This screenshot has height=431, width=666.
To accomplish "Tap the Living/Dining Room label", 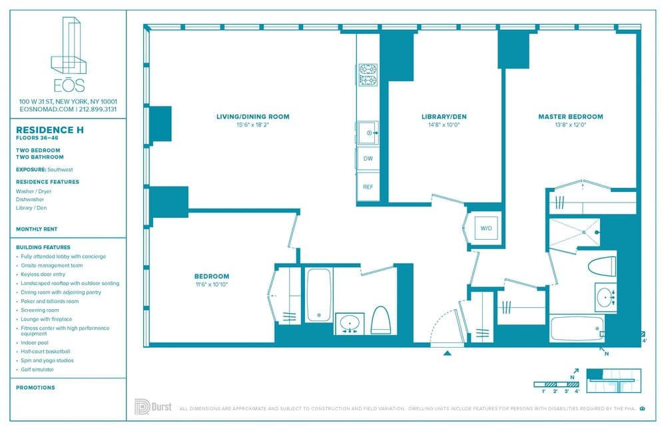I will [252, 117].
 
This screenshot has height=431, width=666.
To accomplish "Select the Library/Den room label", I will [444, 117].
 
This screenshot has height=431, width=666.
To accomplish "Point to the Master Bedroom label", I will [570, 117].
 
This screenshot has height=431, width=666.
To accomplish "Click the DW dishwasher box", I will [368, 159].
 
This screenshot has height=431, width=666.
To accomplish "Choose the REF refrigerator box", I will [368, 187].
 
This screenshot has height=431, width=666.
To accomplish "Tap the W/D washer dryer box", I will [486, 228].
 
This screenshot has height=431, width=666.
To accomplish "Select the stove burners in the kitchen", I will [368, 75].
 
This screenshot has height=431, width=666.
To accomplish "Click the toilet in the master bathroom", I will [602, 265].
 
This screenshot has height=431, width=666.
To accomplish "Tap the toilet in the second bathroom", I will [380, 320].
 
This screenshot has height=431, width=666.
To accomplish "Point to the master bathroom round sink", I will [605, 296].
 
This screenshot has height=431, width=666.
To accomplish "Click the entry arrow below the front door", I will [448, 354].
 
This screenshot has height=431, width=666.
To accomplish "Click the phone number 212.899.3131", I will [97, 109].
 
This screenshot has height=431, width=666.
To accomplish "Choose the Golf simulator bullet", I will [37, 369].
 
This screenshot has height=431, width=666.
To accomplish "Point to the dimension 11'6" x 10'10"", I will [212, 284].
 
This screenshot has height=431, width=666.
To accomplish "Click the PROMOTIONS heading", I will [35, 387].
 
